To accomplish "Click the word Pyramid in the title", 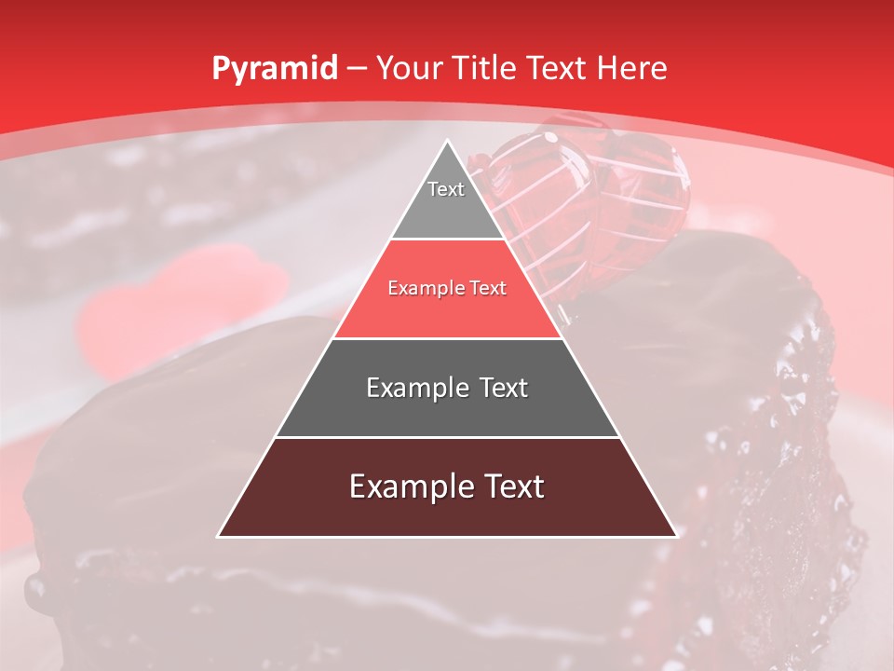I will point(274,68).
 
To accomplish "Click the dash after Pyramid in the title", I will point(357,69).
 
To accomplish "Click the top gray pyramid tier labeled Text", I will point(446,200).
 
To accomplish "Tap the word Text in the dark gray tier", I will point(503,388).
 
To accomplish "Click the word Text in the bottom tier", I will point(513,486).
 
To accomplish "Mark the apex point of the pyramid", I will point(447,141).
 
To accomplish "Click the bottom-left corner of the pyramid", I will point(219,536).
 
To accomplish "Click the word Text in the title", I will point(556,68).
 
